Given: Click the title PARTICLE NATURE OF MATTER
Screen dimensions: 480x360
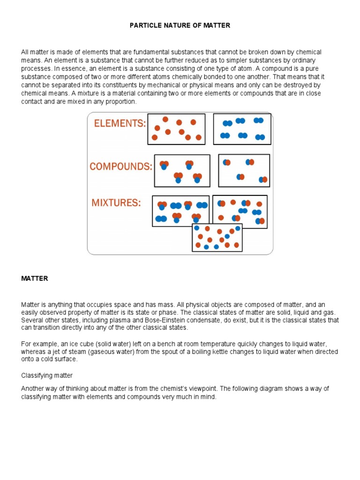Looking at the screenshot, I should point(180,25).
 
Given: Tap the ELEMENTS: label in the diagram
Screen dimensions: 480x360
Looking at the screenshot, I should point(120,123).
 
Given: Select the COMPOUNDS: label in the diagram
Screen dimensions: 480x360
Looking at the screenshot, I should point(121,166).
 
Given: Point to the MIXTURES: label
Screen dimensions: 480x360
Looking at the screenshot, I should point(116,203).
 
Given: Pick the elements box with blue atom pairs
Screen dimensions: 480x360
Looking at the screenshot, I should point(242,128).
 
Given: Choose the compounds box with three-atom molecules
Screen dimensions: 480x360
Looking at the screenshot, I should point(182,171).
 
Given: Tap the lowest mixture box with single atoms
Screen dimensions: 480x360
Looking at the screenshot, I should point(217,237).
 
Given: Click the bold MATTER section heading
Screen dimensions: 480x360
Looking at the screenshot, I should point(35,278).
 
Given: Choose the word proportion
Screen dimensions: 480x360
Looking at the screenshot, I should point(121,101).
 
